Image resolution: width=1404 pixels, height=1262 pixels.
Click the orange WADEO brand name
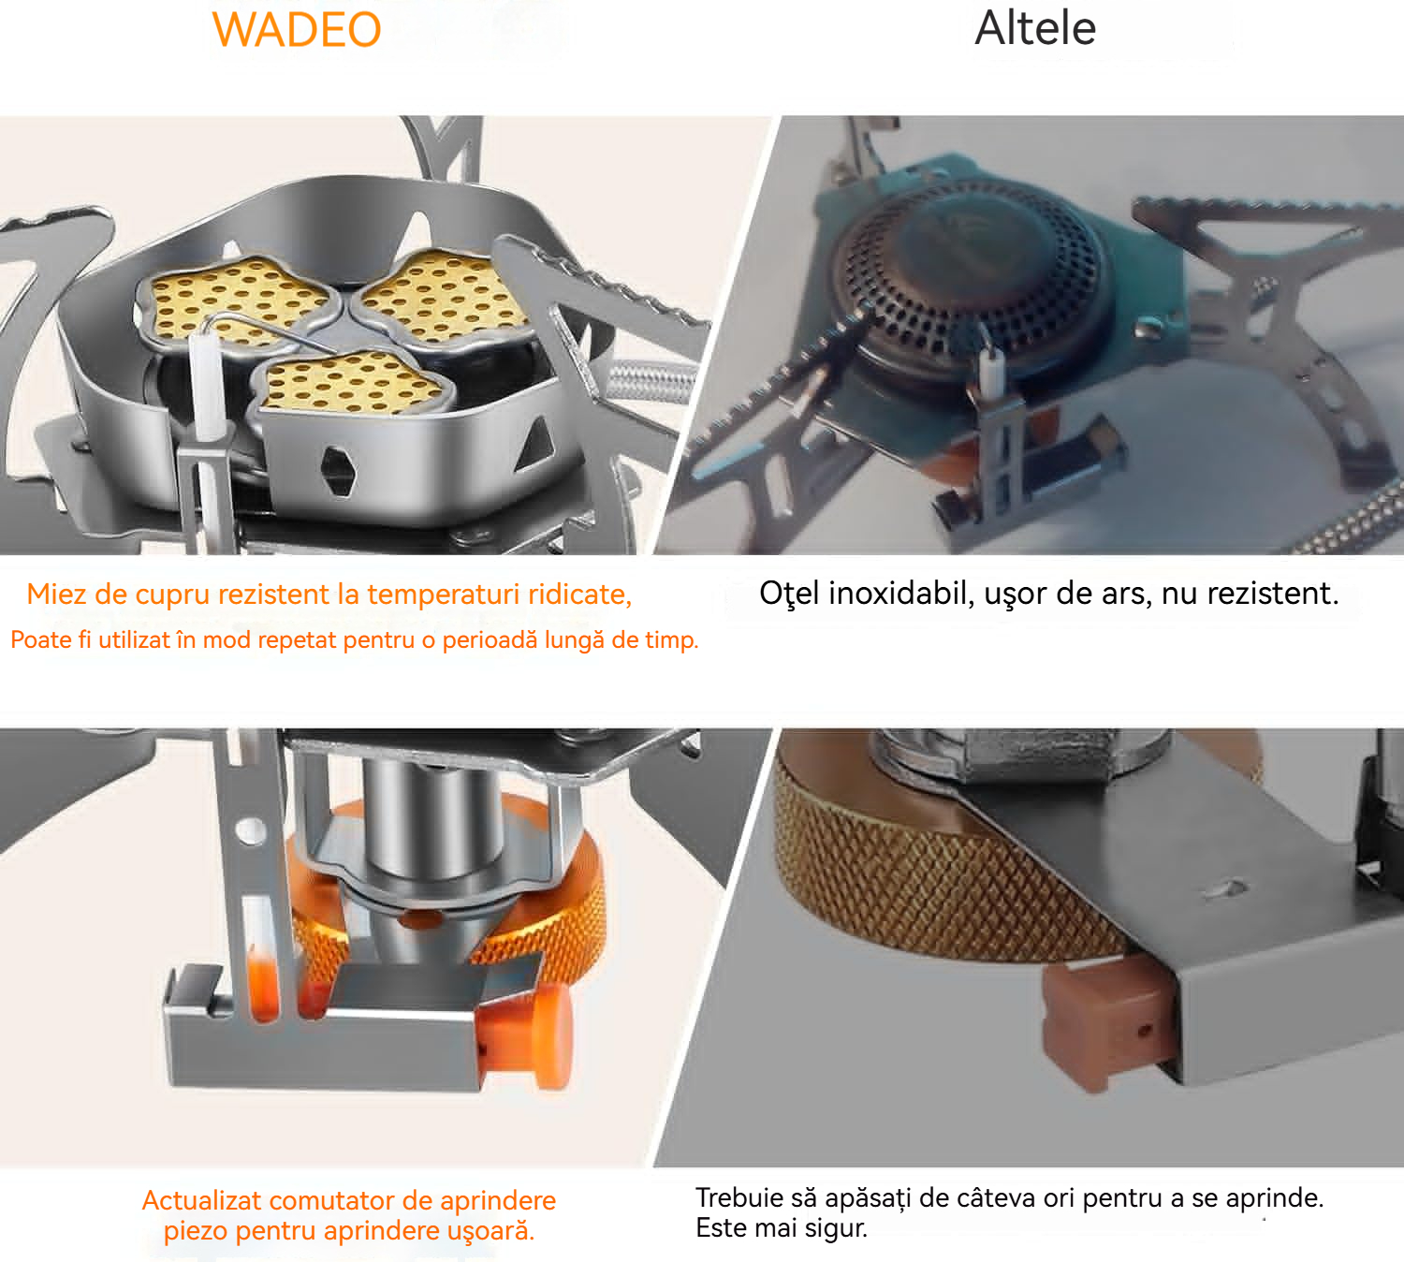(x=297, y=29)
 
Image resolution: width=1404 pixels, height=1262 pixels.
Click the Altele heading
(x=1035, y=28)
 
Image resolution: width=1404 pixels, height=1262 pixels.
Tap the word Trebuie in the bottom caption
(x=739, y=1197)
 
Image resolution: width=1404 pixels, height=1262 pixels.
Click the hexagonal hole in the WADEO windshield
(x=338, y=471)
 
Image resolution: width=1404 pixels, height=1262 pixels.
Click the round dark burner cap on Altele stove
(x=973, y=273)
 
